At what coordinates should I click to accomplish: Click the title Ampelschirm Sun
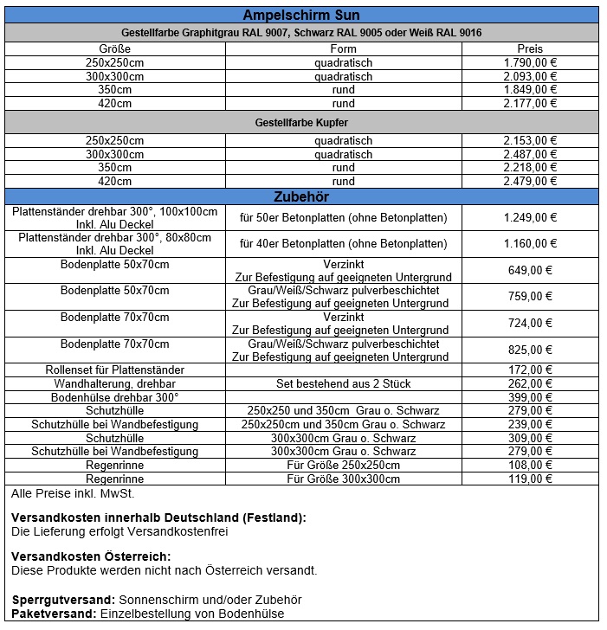pyautogui.click(x=301, y=16)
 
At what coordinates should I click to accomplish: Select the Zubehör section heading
pyautogui.click(x=301, y=196)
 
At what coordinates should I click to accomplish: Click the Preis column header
pyautogui.click(x=529, y=49)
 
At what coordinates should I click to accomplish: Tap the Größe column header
pyautogui.click(x=115, y=49)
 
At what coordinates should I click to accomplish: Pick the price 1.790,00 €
pyautogui.click(x=529, y=63)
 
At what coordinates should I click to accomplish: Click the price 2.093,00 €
pyautogui.click(x=529, y=76)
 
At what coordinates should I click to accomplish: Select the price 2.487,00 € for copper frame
pyautogui.click(x=529, y=154)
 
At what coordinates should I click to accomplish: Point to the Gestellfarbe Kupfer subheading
pyautogui.click(x=301, y=123)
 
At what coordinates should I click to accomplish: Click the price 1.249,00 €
pyautogui.click(x=529, y=217)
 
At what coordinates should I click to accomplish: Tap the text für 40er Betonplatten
pyautogui.click(x=343, y=243)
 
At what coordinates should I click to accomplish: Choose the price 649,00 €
pyautogui.click(x=529, y=270)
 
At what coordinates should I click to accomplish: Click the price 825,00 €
pyautogui.click(x=529, y=350)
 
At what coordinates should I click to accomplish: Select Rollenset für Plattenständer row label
pyautogui.click(x=115, y=370)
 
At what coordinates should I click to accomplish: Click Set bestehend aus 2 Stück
pyautogui.click(x=343, y=383)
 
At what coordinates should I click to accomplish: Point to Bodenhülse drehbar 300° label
pyautogui.click(x=115, y=397)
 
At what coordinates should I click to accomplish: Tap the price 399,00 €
pyautogui.click(x=529, y=397)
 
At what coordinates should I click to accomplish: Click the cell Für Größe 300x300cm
pyautogui.click(x=343, y=478)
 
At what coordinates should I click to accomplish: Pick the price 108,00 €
pyautogui.click(x=529, y=465)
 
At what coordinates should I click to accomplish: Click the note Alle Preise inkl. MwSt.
pyautogui.click(x=73, y=494)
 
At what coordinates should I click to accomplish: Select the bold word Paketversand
pyautogui.click(x=52, y=614)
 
